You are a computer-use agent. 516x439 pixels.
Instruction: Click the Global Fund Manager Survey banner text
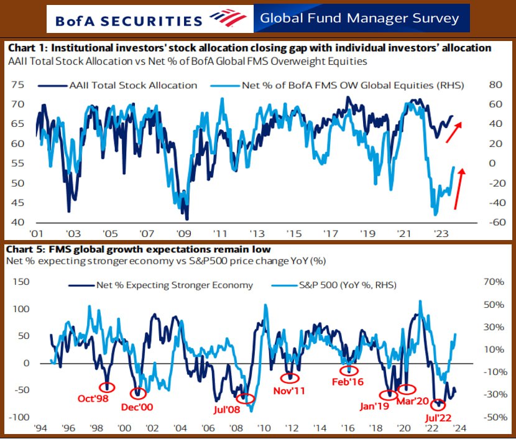point(360,17)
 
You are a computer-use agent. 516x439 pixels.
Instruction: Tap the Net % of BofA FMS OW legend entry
point(349,85)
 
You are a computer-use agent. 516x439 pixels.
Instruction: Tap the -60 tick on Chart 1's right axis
point(492,223)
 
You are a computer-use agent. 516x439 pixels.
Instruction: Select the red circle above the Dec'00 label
point(139,393)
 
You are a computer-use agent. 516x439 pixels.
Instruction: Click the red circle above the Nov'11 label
point(290,377)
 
